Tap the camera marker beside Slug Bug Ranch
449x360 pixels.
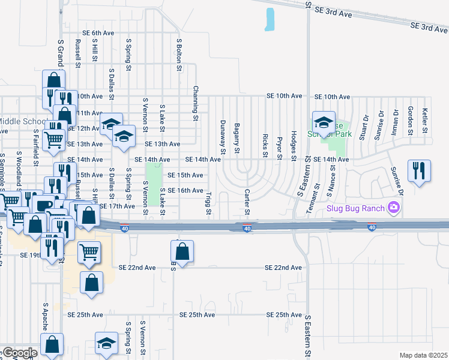click(394, 208)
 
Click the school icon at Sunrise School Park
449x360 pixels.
click(323, 123)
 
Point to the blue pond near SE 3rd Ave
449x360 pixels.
click(270, 20)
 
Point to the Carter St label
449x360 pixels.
click(247, 203)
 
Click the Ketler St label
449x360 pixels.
click(424, 120)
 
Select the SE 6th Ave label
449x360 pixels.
click(98, 33)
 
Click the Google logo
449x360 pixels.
click(19, 353)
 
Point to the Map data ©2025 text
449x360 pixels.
click(423, 355)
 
